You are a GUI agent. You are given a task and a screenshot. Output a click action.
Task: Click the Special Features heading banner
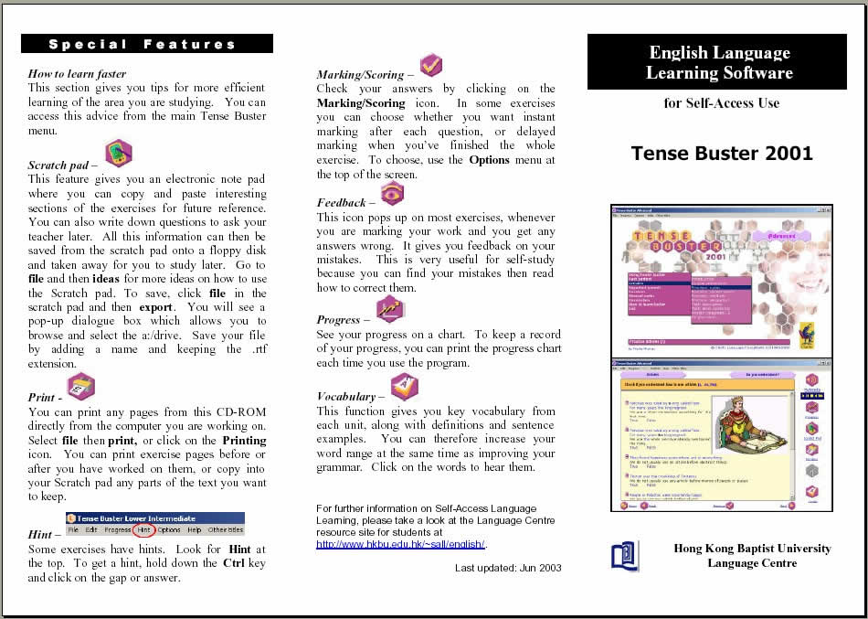147,44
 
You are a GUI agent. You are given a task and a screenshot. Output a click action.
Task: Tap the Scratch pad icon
118,153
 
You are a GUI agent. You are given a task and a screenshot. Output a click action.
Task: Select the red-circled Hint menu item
143,530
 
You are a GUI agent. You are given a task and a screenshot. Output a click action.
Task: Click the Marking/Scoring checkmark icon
430,66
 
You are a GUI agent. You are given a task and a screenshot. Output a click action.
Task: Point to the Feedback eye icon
391,193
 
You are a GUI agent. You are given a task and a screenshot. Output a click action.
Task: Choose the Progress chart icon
389,310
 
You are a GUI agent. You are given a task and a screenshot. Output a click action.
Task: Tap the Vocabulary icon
404,387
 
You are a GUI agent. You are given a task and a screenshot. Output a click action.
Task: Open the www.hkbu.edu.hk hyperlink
400,544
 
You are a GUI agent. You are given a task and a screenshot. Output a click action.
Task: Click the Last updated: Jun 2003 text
508,568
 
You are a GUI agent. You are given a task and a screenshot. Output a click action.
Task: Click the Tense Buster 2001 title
722,153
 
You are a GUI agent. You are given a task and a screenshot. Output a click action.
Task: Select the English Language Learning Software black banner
719,62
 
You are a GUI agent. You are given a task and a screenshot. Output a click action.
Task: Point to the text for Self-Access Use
722,103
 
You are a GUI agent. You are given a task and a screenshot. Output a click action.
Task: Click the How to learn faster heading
77,73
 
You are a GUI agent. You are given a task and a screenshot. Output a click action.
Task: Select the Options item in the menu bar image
169,530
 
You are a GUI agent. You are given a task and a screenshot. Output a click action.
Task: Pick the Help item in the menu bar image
195,530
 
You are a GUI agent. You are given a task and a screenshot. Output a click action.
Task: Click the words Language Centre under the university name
752,563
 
